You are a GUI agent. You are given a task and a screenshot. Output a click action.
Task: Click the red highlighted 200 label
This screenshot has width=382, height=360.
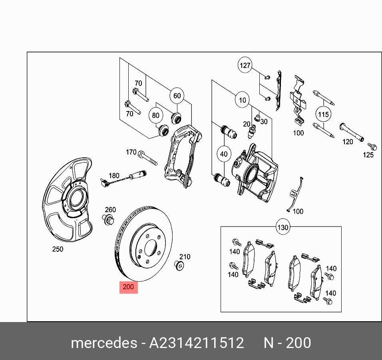click(x=129, y=287)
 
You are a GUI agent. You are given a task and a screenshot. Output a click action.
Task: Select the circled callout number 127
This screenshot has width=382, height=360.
click(x=245, y=65)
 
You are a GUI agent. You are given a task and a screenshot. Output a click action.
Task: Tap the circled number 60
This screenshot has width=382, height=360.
click(x=177, y=96)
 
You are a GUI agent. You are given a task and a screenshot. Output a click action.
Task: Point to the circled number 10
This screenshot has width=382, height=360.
click(x=243, y=100)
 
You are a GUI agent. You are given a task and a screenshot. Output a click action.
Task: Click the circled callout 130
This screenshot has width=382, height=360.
click(x=283, y=228)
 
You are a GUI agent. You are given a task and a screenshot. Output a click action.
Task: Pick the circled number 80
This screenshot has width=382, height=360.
click(x=155, y=116)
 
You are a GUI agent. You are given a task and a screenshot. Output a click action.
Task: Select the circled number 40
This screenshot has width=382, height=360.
click(x=224, y=154)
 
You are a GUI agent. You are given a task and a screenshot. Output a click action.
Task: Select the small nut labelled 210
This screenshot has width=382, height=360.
click(x=179, y=266)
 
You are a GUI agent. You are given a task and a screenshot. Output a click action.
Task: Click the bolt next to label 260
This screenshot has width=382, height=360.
click(x=109, y=219)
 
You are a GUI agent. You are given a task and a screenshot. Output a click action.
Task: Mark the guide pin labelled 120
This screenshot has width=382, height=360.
click(x=352, y=132)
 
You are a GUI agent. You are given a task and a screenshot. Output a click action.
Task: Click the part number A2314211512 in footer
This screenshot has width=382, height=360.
click(x=197, y=343)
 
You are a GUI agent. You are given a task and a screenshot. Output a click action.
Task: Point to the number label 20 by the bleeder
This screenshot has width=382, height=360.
click(x=247, y=124)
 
